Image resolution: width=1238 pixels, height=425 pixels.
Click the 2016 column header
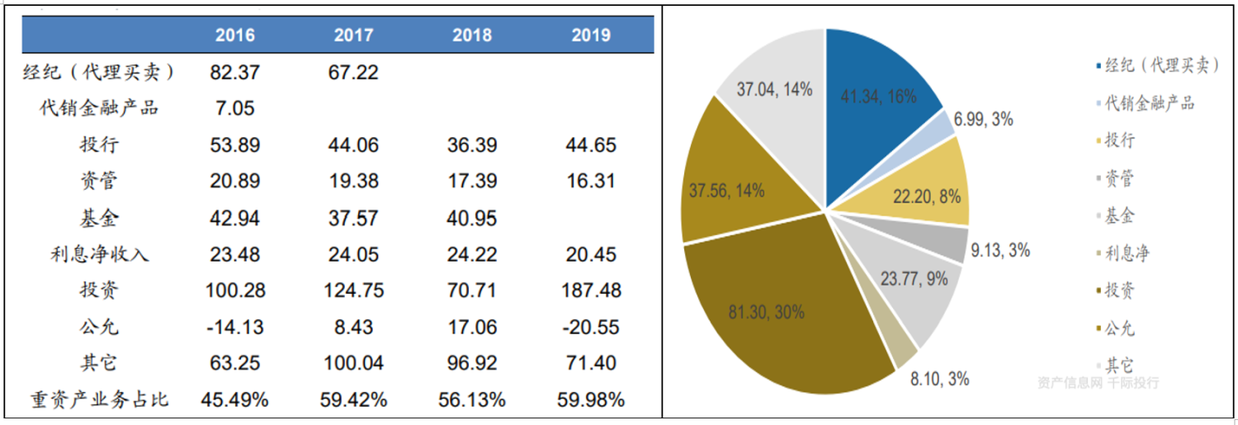[x=235, y=35]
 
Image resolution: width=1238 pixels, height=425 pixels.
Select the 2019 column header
[x=591, y=35]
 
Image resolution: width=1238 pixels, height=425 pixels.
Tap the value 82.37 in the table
[x=235, y=73]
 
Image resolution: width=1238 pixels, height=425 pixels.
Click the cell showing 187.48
[x=591, y=290]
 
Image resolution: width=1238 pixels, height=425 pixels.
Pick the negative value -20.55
[x=591, y=327]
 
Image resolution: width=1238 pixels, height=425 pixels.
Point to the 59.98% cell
[x=591, y=400]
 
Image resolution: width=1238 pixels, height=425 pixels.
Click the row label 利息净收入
[x=99, y=254]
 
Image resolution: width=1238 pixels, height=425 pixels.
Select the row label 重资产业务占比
[x=99, y=400]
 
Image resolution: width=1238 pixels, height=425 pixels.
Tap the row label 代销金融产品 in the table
[x=99, y=108]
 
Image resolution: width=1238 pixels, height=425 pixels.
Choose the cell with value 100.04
[x=354, y=364]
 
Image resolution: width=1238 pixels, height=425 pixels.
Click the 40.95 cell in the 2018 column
[x=472, y=218]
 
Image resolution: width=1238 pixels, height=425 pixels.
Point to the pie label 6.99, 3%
[x=983, y=120]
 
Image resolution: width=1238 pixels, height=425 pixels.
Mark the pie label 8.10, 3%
[x=939, y=380]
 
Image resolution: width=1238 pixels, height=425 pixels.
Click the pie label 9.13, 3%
[x=999, y=251]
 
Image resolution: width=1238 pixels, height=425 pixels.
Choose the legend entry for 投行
[x=1120, y=140]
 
